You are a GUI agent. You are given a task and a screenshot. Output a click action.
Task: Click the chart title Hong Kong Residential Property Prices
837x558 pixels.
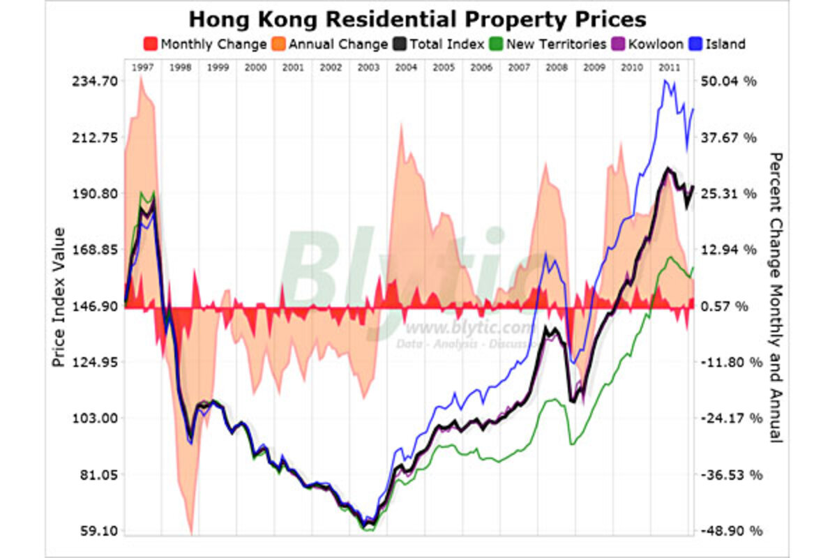coord(418,18)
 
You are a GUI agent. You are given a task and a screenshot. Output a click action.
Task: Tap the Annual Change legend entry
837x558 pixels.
coord(331,44)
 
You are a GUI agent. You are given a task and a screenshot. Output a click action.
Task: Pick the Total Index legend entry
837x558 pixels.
coord(439,44)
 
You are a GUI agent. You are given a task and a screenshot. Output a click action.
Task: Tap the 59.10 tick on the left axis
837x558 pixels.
coord(96,531)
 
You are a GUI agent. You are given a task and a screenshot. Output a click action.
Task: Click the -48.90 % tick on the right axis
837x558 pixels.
coord(728,531)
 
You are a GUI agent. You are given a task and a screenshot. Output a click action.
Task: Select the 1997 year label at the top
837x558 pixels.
coord(142,68)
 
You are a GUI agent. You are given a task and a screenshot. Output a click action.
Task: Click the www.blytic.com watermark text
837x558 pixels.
coord(469,328)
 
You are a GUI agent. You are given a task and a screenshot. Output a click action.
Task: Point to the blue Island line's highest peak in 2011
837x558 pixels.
coord(665,81)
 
